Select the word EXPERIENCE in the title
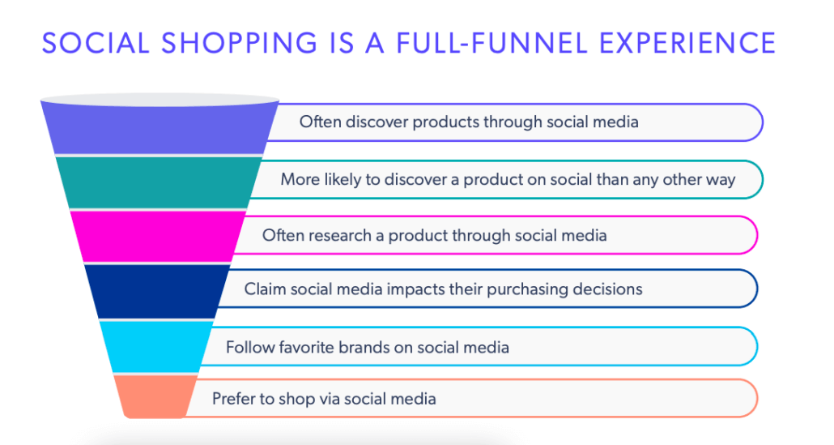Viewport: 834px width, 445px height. (690, 41)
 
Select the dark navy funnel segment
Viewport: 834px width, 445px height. (158, 290)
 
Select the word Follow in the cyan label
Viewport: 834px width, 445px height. (248, 348)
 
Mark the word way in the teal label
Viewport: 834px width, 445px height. (720, 179)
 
